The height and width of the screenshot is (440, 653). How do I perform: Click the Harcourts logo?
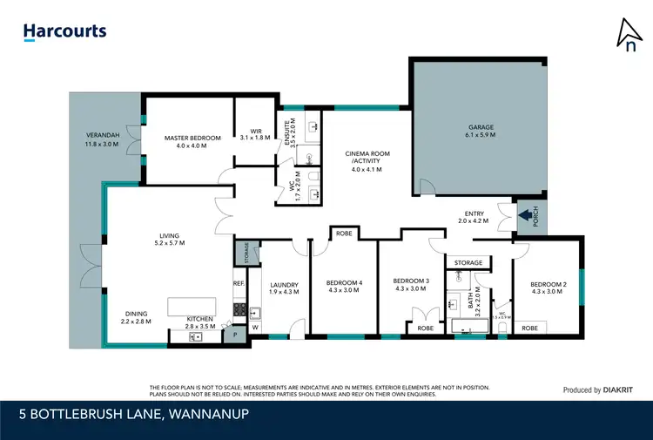pyautogui.click(x=64, y=31)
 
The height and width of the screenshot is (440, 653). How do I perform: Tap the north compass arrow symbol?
pyautogui.click(x=627, y=35)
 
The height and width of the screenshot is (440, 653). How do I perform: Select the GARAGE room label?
pyautogui.click(x=481, y=127)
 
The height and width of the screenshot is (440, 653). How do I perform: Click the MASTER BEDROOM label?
pyautogui.click(x=192, y=138)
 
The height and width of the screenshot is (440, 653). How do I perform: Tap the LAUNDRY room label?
pyautogui.click(x=284, y=284)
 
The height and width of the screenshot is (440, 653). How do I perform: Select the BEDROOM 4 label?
pyautogui.click(x=344, y=282)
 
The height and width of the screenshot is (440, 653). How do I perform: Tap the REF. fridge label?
pyautogui.click(x=239, y=283)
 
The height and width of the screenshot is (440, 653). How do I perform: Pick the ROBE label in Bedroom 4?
pyautogui.click(x=344, y=234)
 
